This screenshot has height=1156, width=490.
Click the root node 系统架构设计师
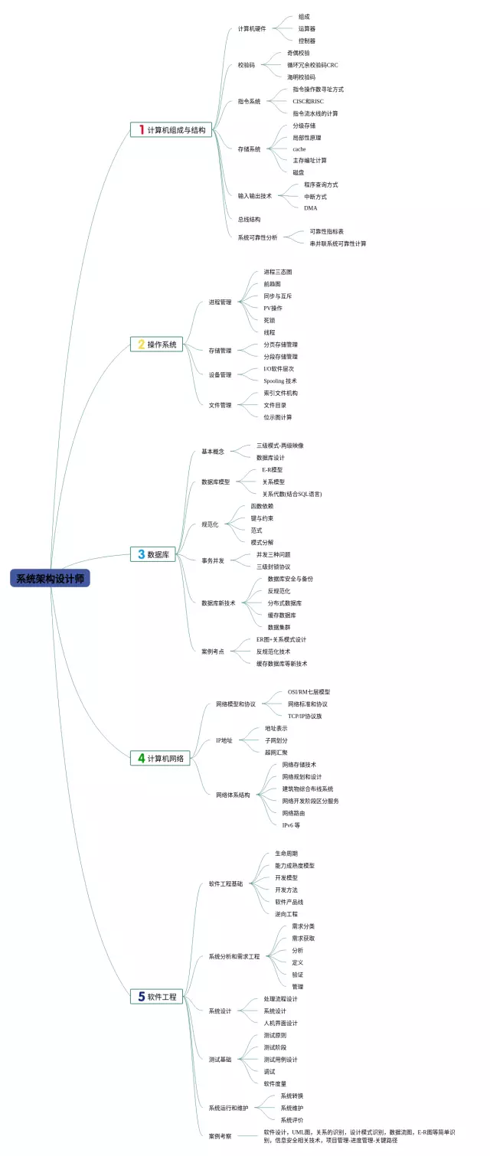[51, 579]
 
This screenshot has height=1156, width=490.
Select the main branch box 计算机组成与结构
[171, 130]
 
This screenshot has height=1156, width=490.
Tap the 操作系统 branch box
[156, 345]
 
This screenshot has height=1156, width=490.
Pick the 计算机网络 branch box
[160, 758]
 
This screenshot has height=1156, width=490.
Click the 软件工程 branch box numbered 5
[156, 997]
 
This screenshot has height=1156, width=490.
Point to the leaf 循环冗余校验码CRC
[312, 65]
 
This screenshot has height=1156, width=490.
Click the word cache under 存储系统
[299, 149]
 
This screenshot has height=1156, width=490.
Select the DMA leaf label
[310, 208]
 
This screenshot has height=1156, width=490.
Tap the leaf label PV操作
[273, 308]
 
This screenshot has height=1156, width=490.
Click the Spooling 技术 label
[280, 380]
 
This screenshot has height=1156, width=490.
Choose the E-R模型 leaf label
[272, 469]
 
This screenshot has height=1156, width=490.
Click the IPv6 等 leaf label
[291, 825]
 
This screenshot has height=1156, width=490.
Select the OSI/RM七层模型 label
[309, 691]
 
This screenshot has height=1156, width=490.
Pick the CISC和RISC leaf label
[309, 101]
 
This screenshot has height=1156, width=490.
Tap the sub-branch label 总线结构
[250, 219]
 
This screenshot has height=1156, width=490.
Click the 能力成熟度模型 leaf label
[295, 865]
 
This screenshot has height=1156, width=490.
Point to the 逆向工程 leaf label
[286, 914]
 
